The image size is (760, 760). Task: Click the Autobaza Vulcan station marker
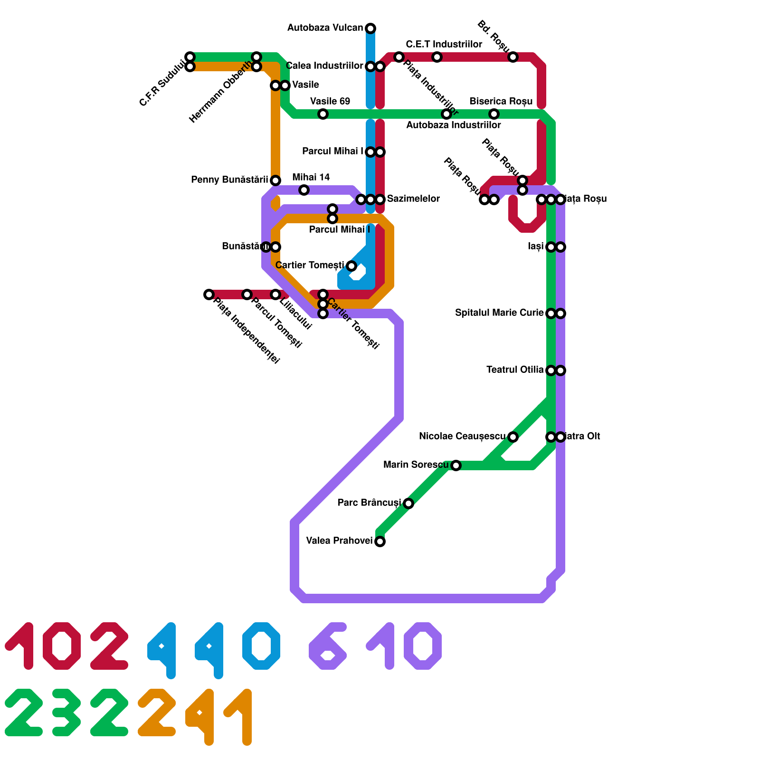point(370,28)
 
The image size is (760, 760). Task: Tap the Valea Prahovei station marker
point(380,541)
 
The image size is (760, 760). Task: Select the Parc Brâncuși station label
point(369,503)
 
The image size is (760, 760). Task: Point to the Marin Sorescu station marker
point(456,465)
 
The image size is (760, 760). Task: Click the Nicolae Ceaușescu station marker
point(513,437)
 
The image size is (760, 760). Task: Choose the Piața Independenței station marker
point(209,294)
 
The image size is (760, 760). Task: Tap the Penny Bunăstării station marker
point(275,180)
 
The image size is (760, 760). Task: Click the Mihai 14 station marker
point(304,190)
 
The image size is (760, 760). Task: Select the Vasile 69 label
point(330,101)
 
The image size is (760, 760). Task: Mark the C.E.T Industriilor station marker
point(437,57)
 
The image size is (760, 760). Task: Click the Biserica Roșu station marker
point(494,114)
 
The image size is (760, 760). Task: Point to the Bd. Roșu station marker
point(513,57)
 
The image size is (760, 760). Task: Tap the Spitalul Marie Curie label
point(499,313)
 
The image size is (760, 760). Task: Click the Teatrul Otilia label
point(515,370)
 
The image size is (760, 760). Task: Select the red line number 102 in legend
point(66,646)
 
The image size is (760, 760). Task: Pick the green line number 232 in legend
point(66,712)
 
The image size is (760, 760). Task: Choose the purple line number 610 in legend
point(375,646)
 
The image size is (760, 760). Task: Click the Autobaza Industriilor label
point(453,125)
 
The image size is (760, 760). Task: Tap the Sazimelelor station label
point(413,199)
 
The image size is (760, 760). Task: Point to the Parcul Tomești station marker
point(247,294)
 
